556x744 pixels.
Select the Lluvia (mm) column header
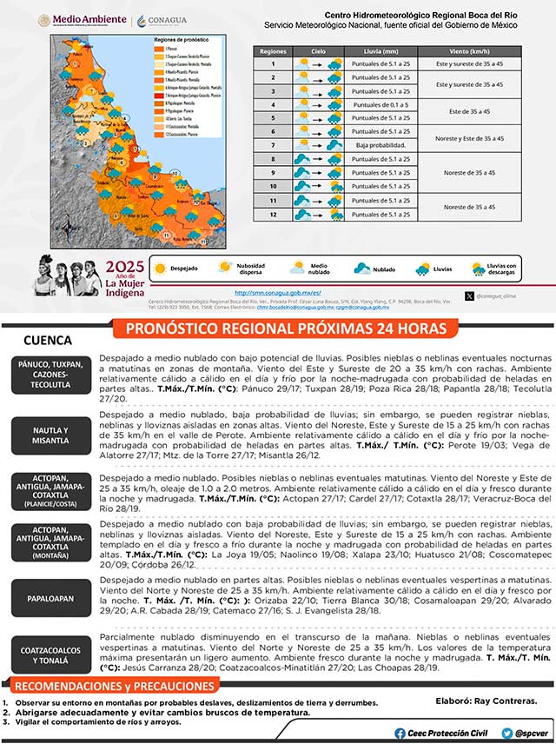379,50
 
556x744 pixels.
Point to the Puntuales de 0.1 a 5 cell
379,104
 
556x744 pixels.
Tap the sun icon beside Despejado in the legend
160,269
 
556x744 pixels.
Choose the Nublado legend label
385,269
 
